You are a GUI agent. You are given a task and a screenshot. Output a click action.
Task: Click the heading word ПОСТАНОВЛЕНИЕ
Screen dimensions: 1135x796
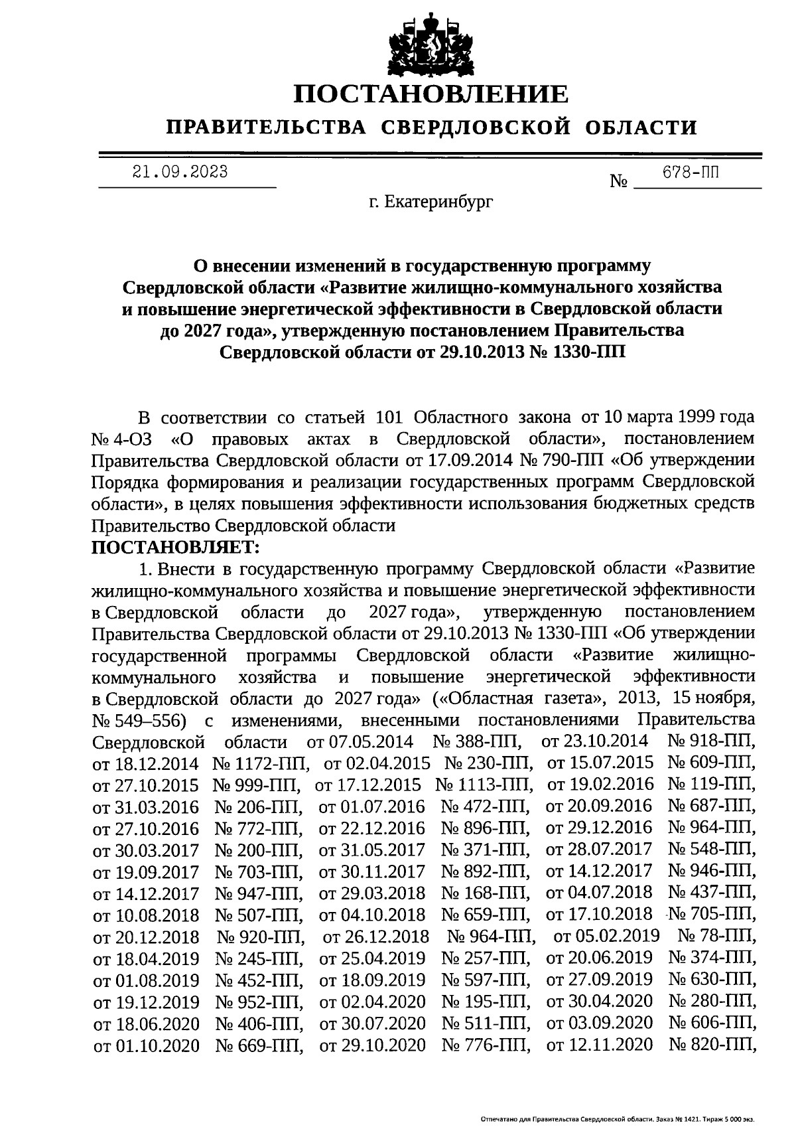pyautogui.click(x=431, y=94)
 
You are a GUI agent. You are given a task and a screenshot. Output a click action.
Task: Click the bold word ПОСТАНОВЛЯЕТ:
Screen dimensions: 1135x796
pyautogui.click(x=176, y=548)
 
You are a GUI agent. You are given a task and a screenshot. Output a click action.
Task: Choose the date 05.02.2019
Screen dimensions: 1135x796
pyautogui.click(x=606, y=936)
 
